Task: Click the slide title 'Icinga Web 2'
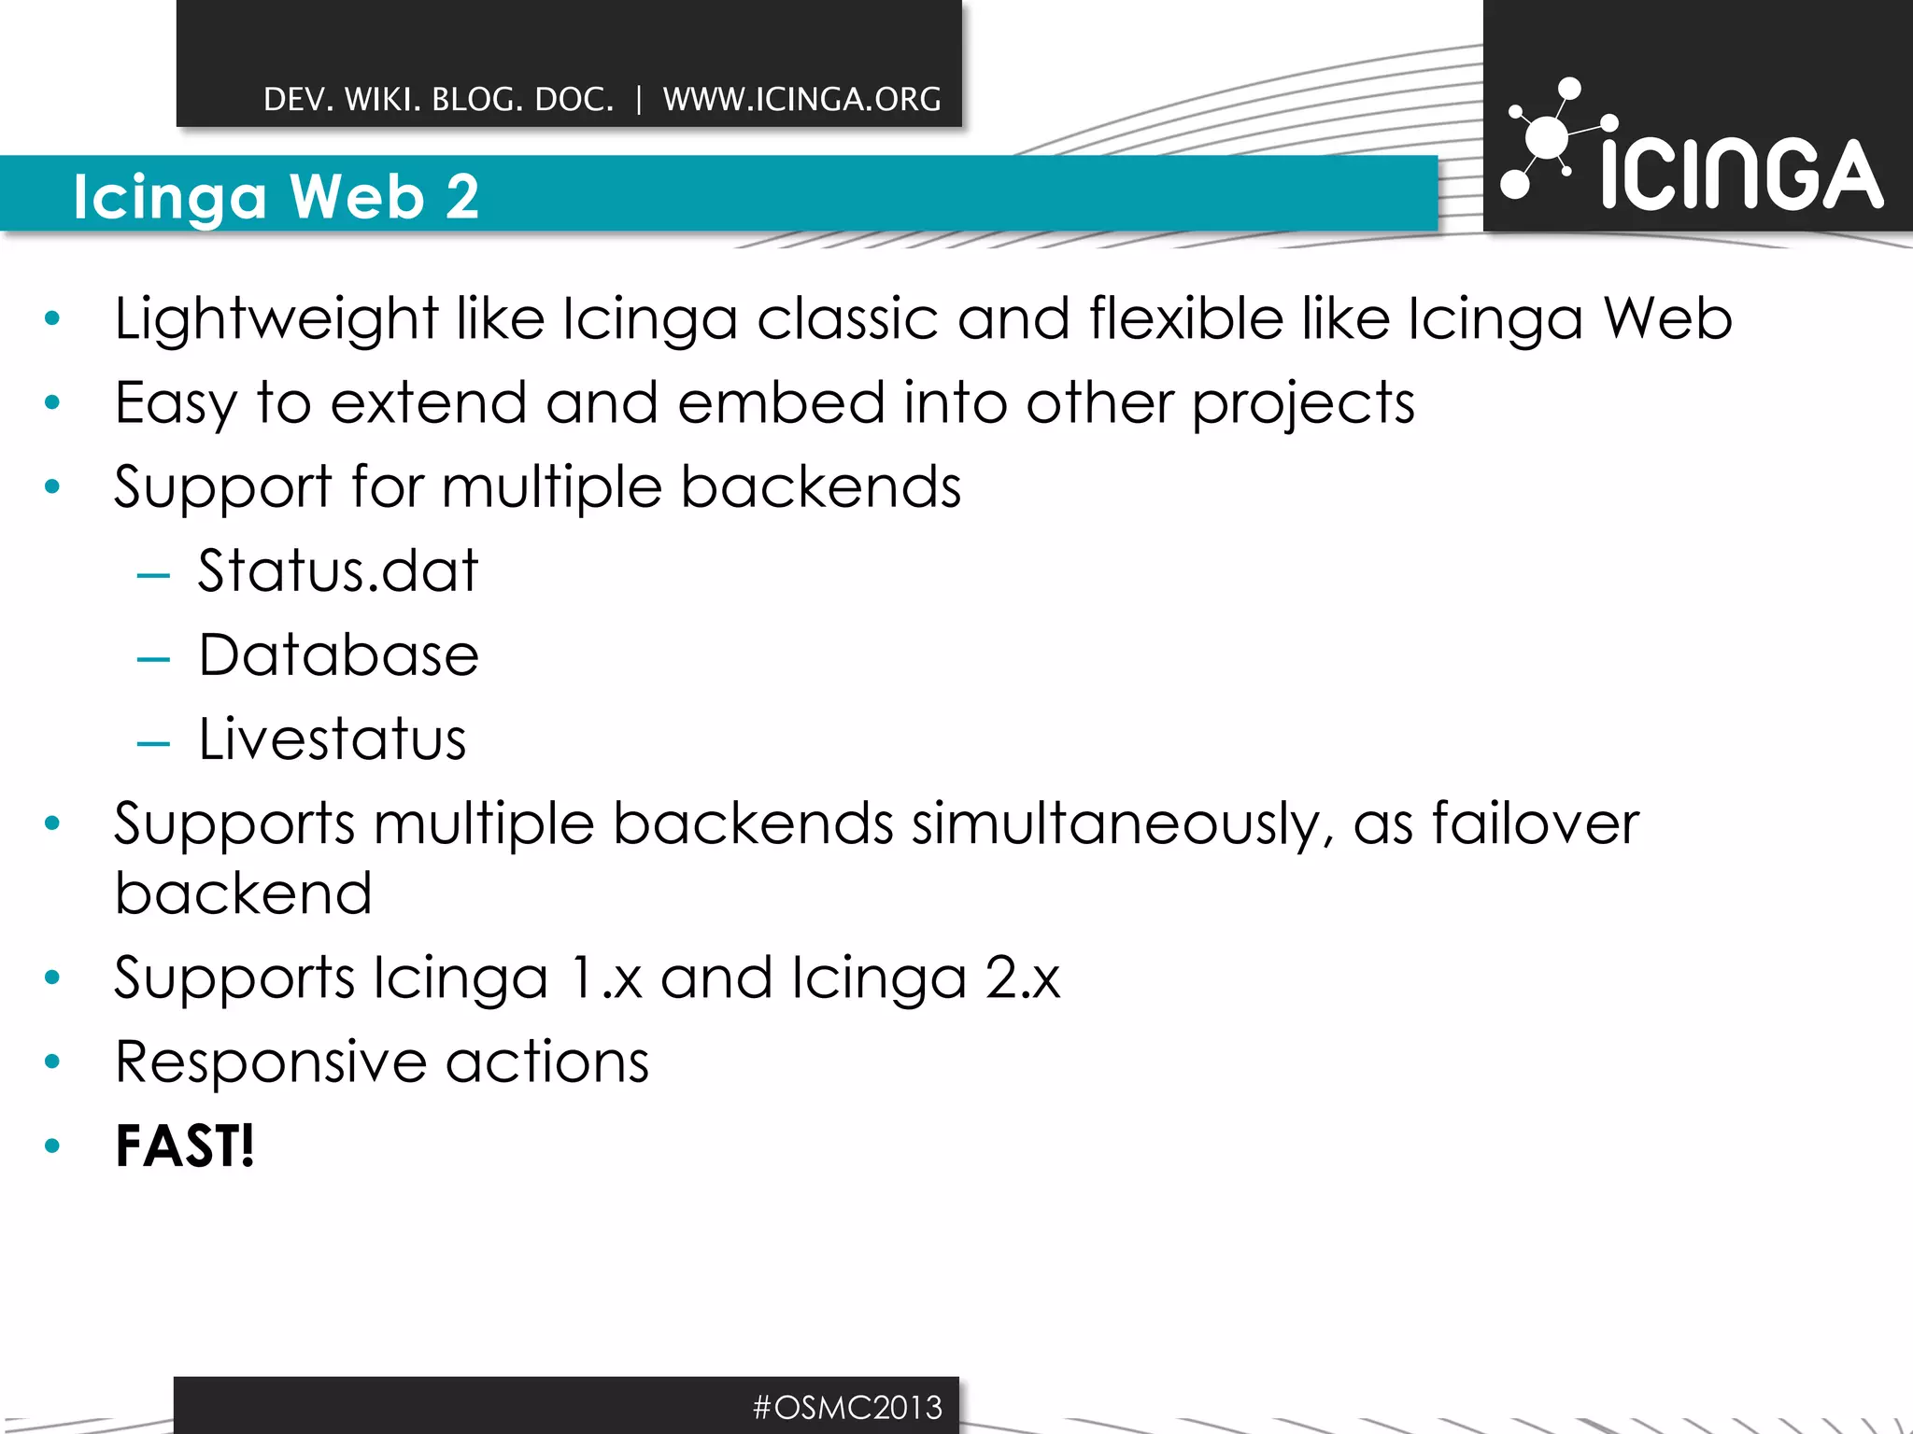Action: [x=276, y=197]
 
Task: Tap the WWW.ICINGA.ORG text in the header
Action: [x=801, y=99]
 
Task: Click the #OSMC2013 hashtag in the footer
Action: [x=847, y=1407]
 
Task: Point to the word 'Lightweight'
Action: [x=276, y=319]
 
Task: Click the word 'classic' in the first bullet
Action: [x=846, y=319]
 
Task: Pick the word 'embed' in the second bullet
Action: [x=780, y=403]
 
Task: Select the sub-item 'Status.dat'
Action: [x=337, y=570]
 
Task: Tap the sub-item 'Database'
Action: [x=338, y=654]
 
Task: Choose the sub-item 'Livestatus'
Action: [x=332, y=739]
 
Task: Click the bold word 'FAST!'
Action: [x=184, y=1146]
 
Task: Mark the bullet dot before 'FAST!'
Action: [x=52, y=1146]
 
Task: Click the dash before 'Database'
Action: [x=153, y=660]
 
